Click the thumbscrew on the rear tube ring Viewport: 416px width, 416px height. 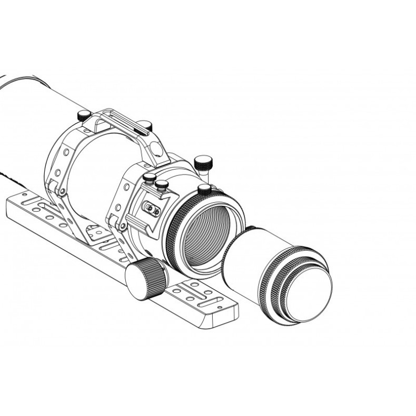pos(84,115)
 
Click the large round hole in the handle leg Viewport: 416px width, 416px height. pos(156,150)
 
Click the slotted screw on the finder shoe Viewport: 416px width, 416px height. pos(151,209)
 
